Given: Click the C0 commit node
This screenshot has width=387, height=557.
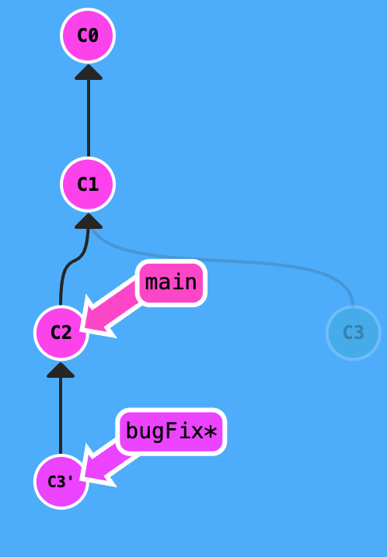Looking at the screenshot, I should (88, 36).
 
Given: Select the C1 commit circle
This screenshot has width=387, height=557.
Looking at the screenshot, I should (88, 185).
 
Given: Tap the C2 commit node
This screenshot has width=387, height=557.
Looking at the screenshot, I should (61, 333).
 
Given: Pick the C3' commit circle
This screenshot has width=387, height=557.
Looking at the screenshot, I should (61, 482).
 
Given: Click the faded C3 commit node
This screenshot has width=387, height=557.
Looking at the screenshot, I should (353, 333).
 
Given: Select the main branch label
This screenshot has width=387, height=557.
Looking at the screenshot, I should (171, 282).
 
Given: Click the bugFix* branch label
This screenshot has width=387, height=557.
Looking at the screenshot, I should (171, 431).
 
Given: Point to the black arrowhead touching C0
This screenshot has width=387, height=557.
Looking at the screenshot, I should (88, 72).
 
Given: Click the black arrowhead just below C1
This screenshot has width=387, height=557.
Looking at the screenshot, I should (88, 221).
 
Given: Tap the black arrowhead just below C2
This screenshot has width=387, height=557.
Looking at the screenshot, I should (61, 369).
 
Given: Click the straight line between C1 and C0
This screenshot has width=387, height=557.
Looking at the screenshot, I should (88, 116).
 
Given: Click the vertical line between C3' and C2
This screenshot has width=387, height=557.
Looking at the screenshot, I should (61, 415).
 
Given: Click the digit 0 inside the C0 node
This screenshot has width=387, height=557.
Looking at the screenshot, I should (94, 36).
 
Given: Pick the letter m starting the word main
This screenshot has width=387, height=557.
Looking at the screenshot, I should (152, 282).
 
